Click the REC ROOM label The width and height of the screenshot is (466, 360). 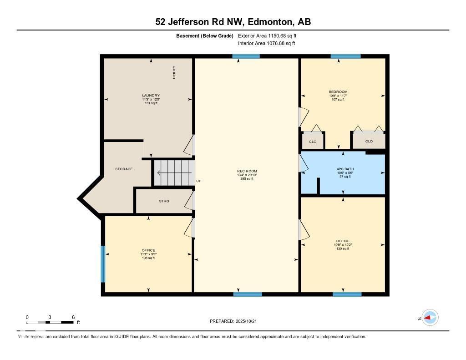(x=246, y=171)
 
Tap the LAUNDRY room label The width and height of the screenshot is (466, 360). (x=150, y=96)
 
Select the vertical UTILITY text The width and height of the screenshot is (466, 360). (x=174, y=72)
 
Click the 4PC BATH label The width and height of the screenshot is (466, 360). (x=342, y=168)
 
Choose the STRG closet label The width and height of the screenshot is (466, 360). (x=164, y=201)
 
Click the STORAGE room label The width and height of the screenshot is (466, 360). (x=124, y=169)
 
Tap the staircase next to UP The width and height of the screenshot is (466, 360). (x=173, y=172)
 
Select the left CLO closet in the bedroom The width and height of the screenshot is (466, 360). (x=313, y=142)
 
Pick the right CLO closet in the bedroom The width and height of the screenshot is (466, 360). (x=369, y=142)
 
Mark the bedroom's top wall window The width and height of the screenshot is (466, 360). (x=345, y=56)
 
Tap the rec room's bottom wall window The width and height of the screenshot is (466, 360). (x=248, y=294)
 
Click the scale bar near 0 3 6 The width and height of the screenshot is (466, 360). (x=50, y=322)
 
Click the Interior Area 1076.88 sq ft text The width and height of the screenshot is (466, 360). (x=266, y=44)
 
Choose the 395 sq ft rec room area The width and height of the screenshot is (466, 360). (x=246, y=179)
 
